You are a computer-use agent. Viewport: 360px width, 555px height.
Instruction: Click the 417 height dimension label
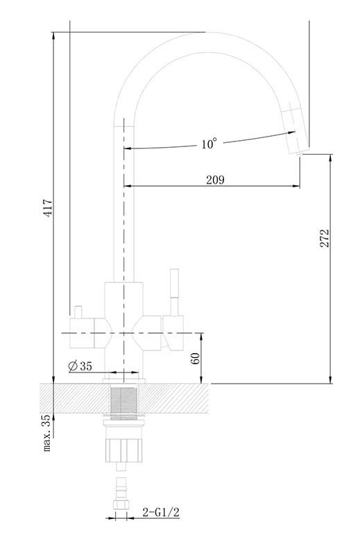[48, 207]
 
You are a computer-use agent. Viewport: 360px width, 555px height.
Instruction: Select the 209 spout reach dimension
[215, 180]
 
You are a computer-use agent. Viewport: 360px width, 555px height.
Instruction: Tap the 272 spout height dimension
[325, 238]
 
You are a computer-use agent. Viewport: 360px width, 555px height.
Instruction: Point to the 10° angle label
[209, 144]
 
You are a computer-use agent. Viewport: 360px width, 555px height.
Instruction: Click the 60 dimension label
[195, 359]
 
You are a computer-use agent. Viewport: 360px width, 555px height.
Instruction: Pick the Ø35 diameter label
[80, 366]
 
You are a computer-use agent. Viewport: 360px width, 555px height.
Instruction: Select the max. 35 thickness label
[46, 433]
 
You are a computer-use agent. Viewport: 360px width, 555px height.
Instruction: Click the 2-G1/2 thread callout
[161, 512]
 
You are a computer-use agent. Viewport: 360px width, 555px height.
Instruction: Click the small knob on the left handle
[78, 311]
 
